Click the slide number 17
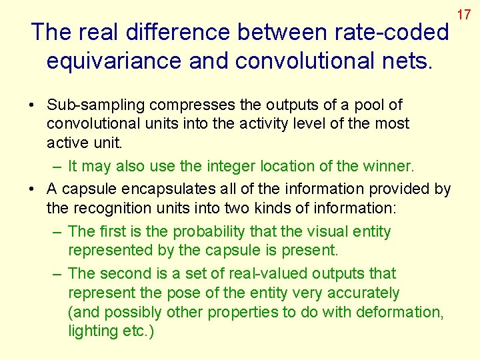[464, 13]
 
